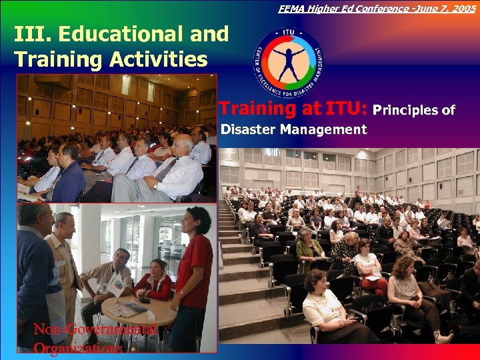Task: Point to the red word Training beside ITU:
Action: [271, 109]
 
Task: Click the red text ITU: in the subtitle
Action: [347, 109]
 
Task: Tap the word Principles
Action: [407, 110]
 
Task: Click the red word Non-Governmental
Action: [95, 329]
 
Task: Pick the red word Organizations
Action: [77, 348]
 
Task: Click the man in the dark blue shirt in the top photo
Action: [70, 177]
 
